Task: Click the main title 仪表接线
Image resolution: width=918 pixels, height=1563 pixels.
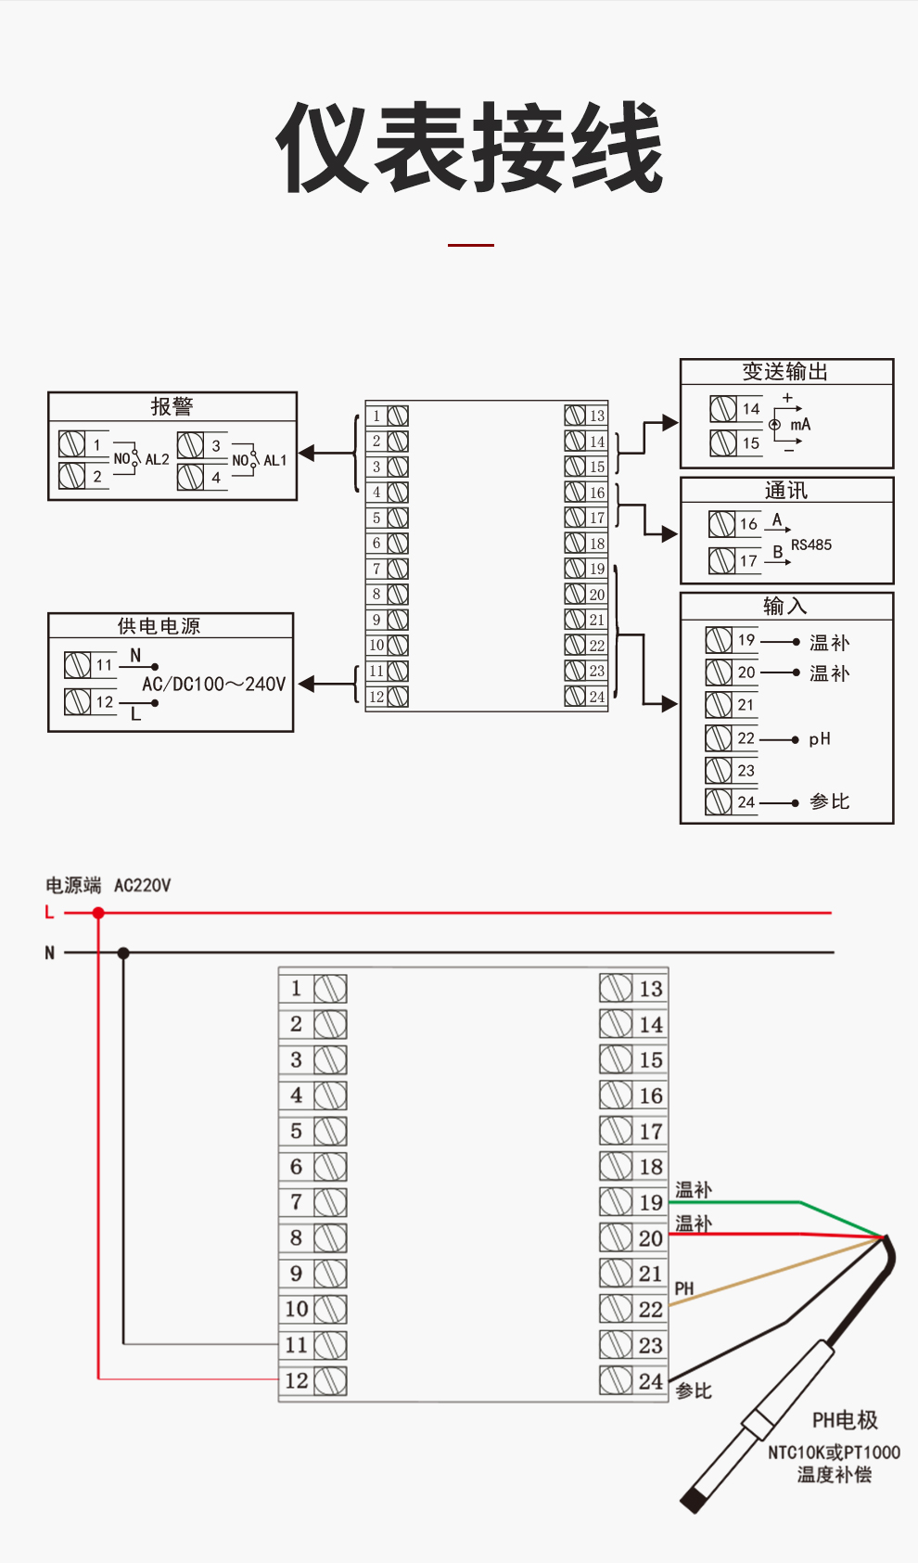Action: coord(469,148)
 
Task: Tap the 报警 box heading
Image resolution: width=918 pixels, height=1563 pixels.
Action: coord(172,406)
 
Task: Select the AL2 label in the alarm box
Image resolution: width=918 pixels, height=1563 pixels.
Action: coord(157,459)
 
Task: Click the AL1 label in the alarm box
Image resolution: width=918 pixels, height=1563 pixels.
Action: coord(275,460)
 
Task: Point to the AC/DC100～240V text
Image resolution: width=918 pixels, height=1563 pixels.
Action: coord(213,685)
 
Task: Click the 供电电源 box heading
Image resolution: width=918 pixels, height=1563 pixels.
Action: coord(159,626)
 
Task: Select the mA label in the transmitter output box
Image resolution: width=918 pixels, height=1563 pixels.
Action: coord(800,425)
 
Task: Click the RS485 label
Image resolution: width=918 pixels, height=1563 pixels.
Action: coord(811,544)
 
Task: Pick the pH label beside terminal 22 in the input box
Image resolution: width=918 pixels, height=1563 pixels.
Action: coord(820,739)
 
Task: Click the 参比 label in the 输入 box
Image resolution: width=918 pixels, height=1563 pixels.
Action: coord(829,801)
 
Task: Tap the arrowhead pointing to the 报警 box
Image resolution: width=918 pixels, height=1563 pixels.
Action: coord(307,454)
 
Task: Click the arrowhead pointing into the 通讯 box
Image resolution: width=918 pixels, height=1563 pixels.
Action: coord(669,533)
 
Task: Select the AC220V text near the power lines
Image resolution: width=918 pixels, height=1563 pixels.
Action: coord(142,885)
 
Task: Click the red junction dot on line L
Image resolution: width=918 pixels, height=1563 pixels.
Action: coord(98,913)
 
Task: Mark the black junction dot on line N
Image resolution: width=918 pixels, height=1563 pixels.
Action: coord(123,953)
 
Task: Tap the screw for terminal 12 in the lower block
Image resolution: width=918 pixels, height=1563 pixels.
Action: coord(330,1381)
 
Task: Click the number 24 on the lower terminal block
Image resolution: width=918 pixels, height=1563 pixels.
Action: coord(651,1381)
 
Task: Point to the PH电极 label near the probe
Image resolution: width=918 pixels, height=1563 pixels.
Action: coord(844,1420)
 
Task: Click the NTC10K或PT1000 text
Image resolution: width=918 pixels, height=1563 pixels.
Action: coord(834,1453)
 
